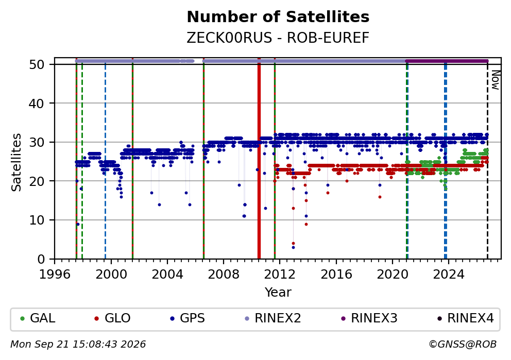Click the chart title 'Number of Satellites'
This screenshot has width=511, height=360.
click(278, 17)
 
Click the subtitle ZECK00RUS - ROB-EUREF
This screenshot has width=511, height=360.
click(278, 38)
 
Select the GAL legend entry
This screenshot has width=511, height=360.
click(38, 318)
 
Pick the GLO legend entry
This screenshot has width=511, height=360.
click(112, 318)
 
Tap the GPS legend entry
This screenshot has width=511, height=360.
click(188, 318)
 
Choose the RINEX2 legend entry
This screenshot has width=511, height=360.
click(272, 318)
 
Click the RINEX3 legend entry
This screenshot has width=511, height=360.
click(369, 318)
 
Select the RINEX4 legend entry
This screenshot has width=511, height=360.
click(465, 318)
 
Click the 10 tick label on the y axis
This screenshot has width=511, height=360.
click(37, 220)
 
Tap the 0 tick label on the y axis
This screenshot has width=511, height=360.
click(41, 260)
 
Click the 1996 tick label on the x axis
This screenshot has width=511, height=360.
click(55, 275)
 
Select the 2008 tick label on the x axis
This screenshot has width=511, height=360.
click(224, 275)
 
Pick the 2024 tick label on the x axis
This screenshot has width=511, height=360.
click(449, 275)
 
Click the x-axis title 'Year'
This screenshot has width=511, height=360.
click(278, 292)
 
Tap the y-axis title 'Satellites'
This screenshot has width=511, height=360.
click(16, 162)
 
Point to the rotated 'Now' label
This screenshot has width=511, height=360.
click(495, 80)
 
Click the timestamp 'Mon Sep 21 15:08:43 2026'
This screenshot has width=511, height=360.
click(78, 345)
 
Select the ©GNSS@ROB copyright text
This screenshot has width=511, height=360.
click(463, 345)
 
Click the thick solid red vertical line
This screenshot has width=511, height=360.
click(259, 158)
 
